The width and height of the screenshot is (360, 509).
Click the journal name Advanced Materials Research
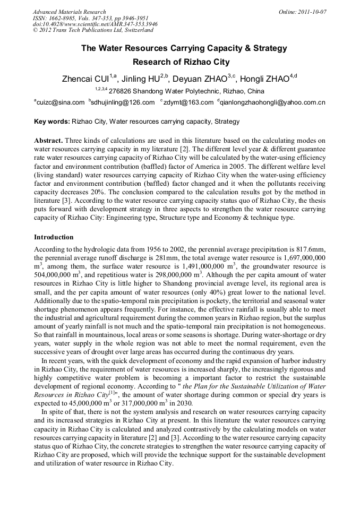(x=69, y=12)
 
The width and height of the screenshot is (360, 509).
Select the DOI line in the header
(x=95, y=24)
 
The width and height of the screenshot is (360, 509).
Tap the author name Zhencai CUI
(x=85, y=79)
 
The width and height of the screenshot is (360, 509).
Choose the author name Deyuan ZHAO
(x=201, y=79)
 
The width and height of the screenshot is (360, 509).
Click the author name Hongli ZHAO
(x=264, y=79)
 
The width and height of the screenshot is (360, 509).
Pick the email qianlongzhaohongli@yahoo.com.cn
(x=272, y=102)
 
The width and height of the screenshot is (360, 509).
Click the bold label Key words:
(x=52, y=122)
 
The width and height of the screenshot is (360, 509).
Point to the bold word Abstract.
(x=48, y=141)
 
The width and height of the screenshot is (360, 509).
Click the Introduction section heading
(x=54, y=237)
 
